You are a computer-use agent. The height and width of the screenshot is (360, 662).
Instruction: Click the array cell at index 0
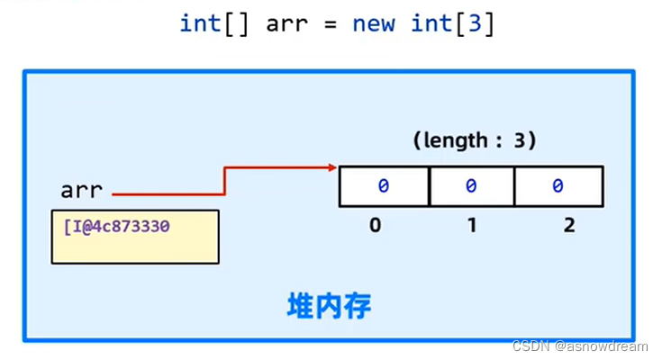click(384, 186)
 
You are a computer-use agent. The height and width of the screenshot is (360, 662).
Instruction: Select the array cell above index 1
click(471, 186)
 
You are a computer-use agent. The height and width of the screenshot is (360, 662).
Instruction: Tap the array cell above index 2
click(558, 186)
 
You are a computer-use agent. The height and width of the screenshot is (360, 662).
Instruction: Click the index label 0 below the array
click(376, 225)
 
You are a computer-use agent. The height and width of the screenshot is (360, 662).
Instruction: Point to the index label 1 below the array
click(471, 225)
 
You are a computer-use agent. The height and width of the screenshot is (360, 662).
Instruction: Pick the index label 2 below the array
click(568, 225)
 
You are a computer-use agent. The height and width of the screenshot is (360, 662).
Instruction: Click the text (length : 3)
click(475, 140)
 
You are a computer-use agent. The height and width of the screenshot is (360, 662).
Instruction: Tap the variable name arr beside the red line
click(81, 191)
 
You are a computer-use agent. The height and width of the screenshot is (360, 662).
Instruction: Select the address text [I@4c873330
click(117, 224)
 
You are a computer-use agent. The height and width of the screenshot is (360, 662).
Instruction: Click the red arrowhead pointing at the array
click(333, 167)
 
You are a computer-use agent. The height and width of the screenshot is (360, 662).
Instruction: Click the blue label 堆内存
click(329, 307)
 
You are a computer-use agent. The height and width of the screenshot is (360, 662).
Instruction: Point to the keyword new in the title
click(373, 23)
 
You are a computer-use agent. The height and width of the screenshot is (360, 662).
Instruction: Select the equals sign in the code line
click(331, 23)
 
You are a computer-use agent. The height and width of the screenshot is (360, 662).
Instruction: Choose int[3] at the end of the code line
click(452, 23)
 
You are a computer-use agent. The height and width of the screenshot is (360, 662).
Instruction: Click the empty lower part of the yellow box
click(134, 249)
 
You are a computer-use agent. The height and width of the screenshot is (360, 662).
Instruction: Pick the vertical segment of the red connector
click(224, 179)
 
